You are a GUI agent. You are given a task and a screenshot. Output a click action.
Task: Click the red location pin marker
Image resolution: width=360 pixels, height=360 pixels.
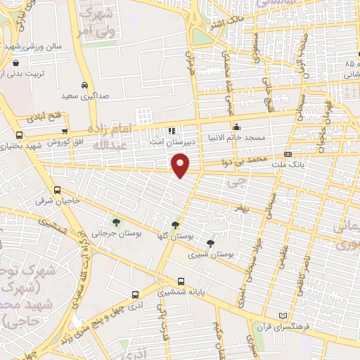[x=181, y=165]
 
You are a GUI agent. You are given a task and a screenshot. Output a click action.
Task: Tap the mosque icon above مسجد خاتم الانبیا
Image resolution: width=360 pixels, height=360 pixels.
[x=237, y=127]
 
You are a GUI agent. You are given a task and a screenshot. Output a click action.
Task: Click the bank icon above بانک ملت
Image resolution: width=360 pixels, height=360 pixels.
[x=288, y=154]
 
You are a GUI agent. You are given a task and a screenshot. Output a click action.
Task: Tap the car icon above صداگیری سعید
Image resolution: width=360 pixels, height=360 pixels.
[x=84, y=83]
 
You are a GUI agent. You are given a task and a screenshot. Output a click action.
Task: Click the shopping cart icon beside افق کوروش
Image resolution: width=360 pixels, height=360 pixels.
[x=65, y=131]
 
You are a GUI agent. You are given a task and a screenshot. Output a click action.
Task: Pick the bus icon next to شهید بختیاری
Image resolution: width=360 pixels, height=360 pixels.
[x=19, y=134]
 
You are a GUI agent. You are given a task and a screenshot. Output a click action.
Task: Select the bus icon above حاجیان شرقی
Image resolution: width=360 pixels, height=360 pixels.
[x=58, y=190]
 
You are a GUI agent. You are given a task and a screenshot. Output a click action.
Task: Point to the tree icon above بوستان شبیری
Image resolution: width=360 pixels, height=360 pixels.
[x=210, y=243]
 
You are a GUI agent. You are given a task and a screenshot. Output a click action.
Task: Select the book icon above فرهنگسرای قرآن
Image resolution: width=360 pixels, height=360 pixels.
[x=284, y=317]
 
